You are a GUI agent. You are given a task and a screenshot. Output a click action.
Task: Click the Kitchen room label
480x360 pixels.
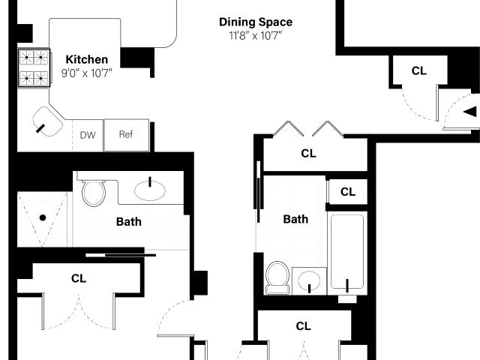point(87,59)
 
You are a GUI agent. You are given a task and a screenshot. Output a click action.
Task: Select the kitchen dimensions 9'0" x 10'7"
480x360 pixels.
point(87,73)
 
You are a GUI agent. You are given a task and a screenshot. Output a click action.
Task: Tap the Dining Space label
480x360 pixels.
point(256,22)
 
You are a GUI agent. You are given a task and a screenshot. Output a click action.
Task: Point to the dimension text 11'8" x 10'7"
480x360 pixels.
point(256,36)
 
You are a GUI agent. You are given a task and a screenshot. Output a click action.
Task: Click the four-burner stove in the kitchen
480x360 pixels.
point(34,67)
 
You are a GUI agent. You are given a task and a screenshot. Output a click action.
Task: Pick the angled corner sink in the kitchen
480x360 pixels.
point(47,121)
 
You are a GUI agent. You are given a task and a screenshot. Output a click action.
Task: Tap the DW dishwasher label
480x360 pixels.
point(88,135)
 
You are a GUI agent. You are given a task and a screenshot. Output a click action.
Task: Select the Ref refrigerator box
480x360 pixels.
point(127,135)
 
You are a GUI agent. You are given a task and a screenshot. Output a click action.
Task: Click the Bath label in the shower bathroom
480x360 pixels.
point(129,222)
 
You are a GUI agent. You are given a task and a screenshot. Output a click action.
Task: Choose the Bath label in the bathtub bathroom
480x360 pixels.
point(295,219)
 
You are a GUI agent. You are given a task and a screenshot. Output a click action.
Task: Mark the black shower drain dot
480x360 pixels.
point(43,217)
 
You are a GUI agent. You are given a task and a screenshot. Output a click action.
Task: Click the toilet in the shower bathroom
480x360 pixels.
point(94,192)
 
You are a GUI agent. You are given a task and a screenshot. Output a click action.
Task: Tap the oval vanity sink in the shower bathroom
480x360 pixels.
point(150,190)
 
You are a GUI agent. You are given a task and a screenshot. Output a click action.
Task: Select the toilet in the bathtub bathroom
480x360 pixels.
point(277,277)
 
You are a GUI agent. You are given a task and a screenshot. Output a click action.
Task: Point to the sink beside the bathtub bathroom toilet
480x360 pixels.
point(309,280)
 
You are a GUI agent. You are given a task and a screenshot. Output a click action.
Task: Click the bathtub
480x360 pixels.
point(347,253)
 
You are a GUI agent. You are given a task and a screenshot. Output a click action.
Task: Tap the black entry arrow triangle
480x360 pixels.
point(470,112)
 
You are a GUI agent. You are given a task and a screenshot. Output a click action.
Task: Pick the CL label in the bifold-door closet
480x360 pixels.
point(308,153)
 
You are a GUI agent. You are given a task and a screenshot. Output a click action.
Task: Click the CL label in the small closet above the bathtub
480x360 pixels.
point(348,192)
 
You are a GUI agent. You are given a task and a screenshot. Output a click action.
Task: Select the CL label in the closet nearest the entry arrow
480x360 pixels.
point(419,71)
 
